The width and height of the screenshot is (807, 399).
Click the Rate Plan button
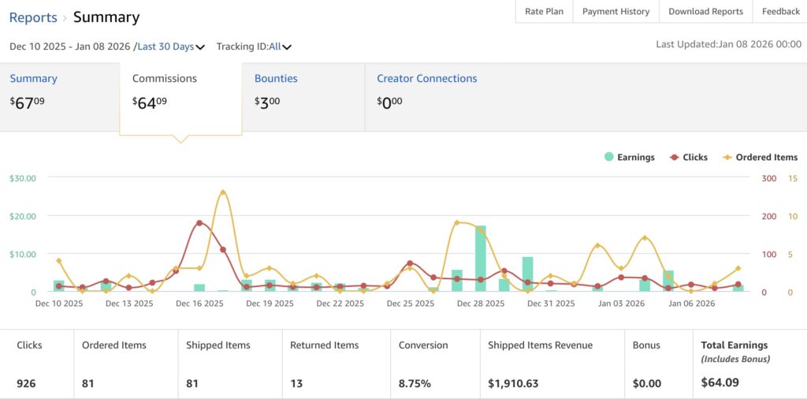[x=544, y=12]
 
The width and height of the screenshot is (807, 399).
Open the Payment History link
[x=615, y=12]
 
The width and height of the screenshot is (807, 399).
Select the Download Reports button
[x=705, y=12]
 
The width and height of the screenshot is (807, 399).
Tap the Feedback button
[x=780, y=12]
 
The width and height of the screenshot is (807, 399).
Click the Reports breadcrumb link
[x=33, y=17]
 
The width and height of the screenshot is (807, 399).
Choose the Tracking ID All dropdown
[x=280, y=47]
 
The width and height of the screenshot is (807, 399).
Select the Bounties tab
[x=276, y=79]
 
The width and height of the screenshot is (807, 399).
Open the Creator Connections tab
[x=426, y=79]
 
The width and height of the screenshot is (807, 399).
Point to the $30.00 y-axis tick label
[x=23, y=178]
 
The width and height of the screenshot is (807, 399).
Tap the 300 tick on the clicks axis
[x=769, y=178]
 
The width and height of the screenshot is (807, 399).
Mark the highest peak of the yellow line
[x=223, y=192]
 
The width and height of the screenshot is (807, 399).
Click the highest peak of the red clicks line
[x=199, y=222]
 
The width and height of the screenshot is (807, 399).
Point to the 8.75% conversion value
[x=415, y=384]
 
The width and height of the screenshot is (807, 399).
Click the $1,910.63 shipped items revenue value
[x=513, y=384]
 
